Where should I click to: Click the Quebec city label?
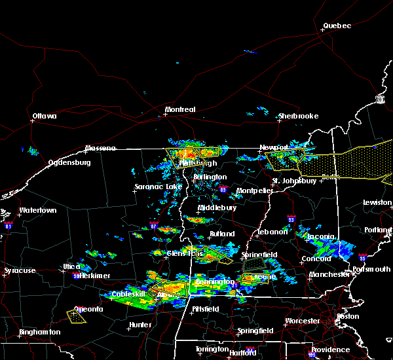pyautogui.click(x=337, y=26)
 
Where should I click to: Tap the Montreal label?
pyautogui.click(x=180, y=109)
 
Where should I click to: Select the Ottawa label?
pyautogui.click(x=45, y=117)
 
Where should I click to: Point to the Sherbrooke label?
pyautogui.click(x=298, y=117)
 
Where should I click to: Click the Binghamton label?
pyautogui.click(x=39, y=332)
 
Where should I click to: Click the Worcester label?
pyautogui.click(x=303, y=321)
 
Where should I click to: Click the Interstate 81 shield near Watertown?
pyautogui.click(x=9, y=225)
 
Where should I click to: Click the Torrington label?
pyautogui.click(x=212, y=349)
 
